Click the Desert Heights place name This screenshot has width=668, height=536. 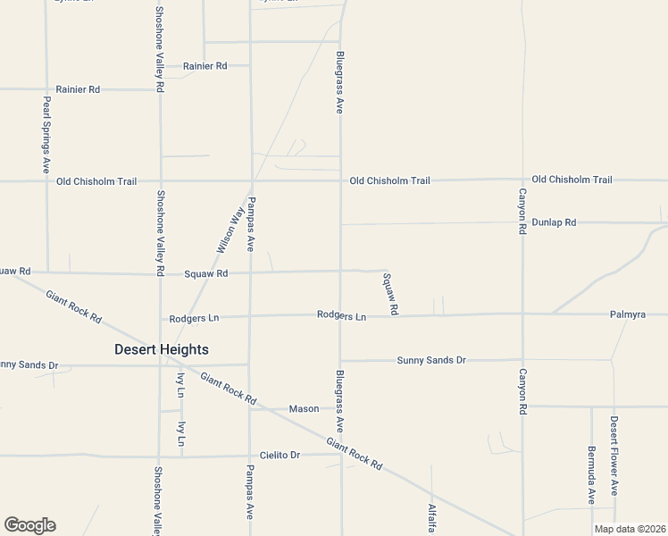[162, 349]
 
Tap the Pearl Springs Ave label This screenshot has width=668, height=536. [46, 134]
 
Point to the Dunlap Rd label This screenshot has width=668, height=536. [554, 222]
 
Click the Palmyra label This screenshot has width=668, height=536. [628, 314]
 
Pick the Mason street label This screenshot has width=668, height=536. [304, 408]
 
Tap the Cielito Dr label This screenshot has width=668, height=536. [280, 455]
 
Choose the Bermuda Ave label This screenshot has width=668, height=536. [591, 474]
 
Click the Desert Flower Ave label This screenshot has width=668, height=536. [614, 456]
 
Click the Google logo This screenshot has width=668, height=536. [29, 525]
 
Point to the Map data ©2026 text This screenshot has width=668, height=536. [630, 529]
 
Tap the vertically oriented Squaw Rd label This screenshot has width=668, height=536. [389, 293]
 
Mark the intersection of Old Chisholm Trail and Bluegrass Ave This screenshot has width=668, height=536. [340, 180]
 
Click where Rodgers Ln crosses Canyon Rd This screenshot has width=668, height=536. [522, 314]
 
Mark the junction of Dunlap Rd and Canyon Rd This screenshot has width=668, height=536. [522, 222]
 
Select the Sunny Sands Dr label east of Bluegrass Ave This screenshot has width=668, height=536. [431, 360]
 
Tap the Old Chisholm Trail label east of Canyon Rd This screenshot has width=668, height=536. [572, 180]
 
